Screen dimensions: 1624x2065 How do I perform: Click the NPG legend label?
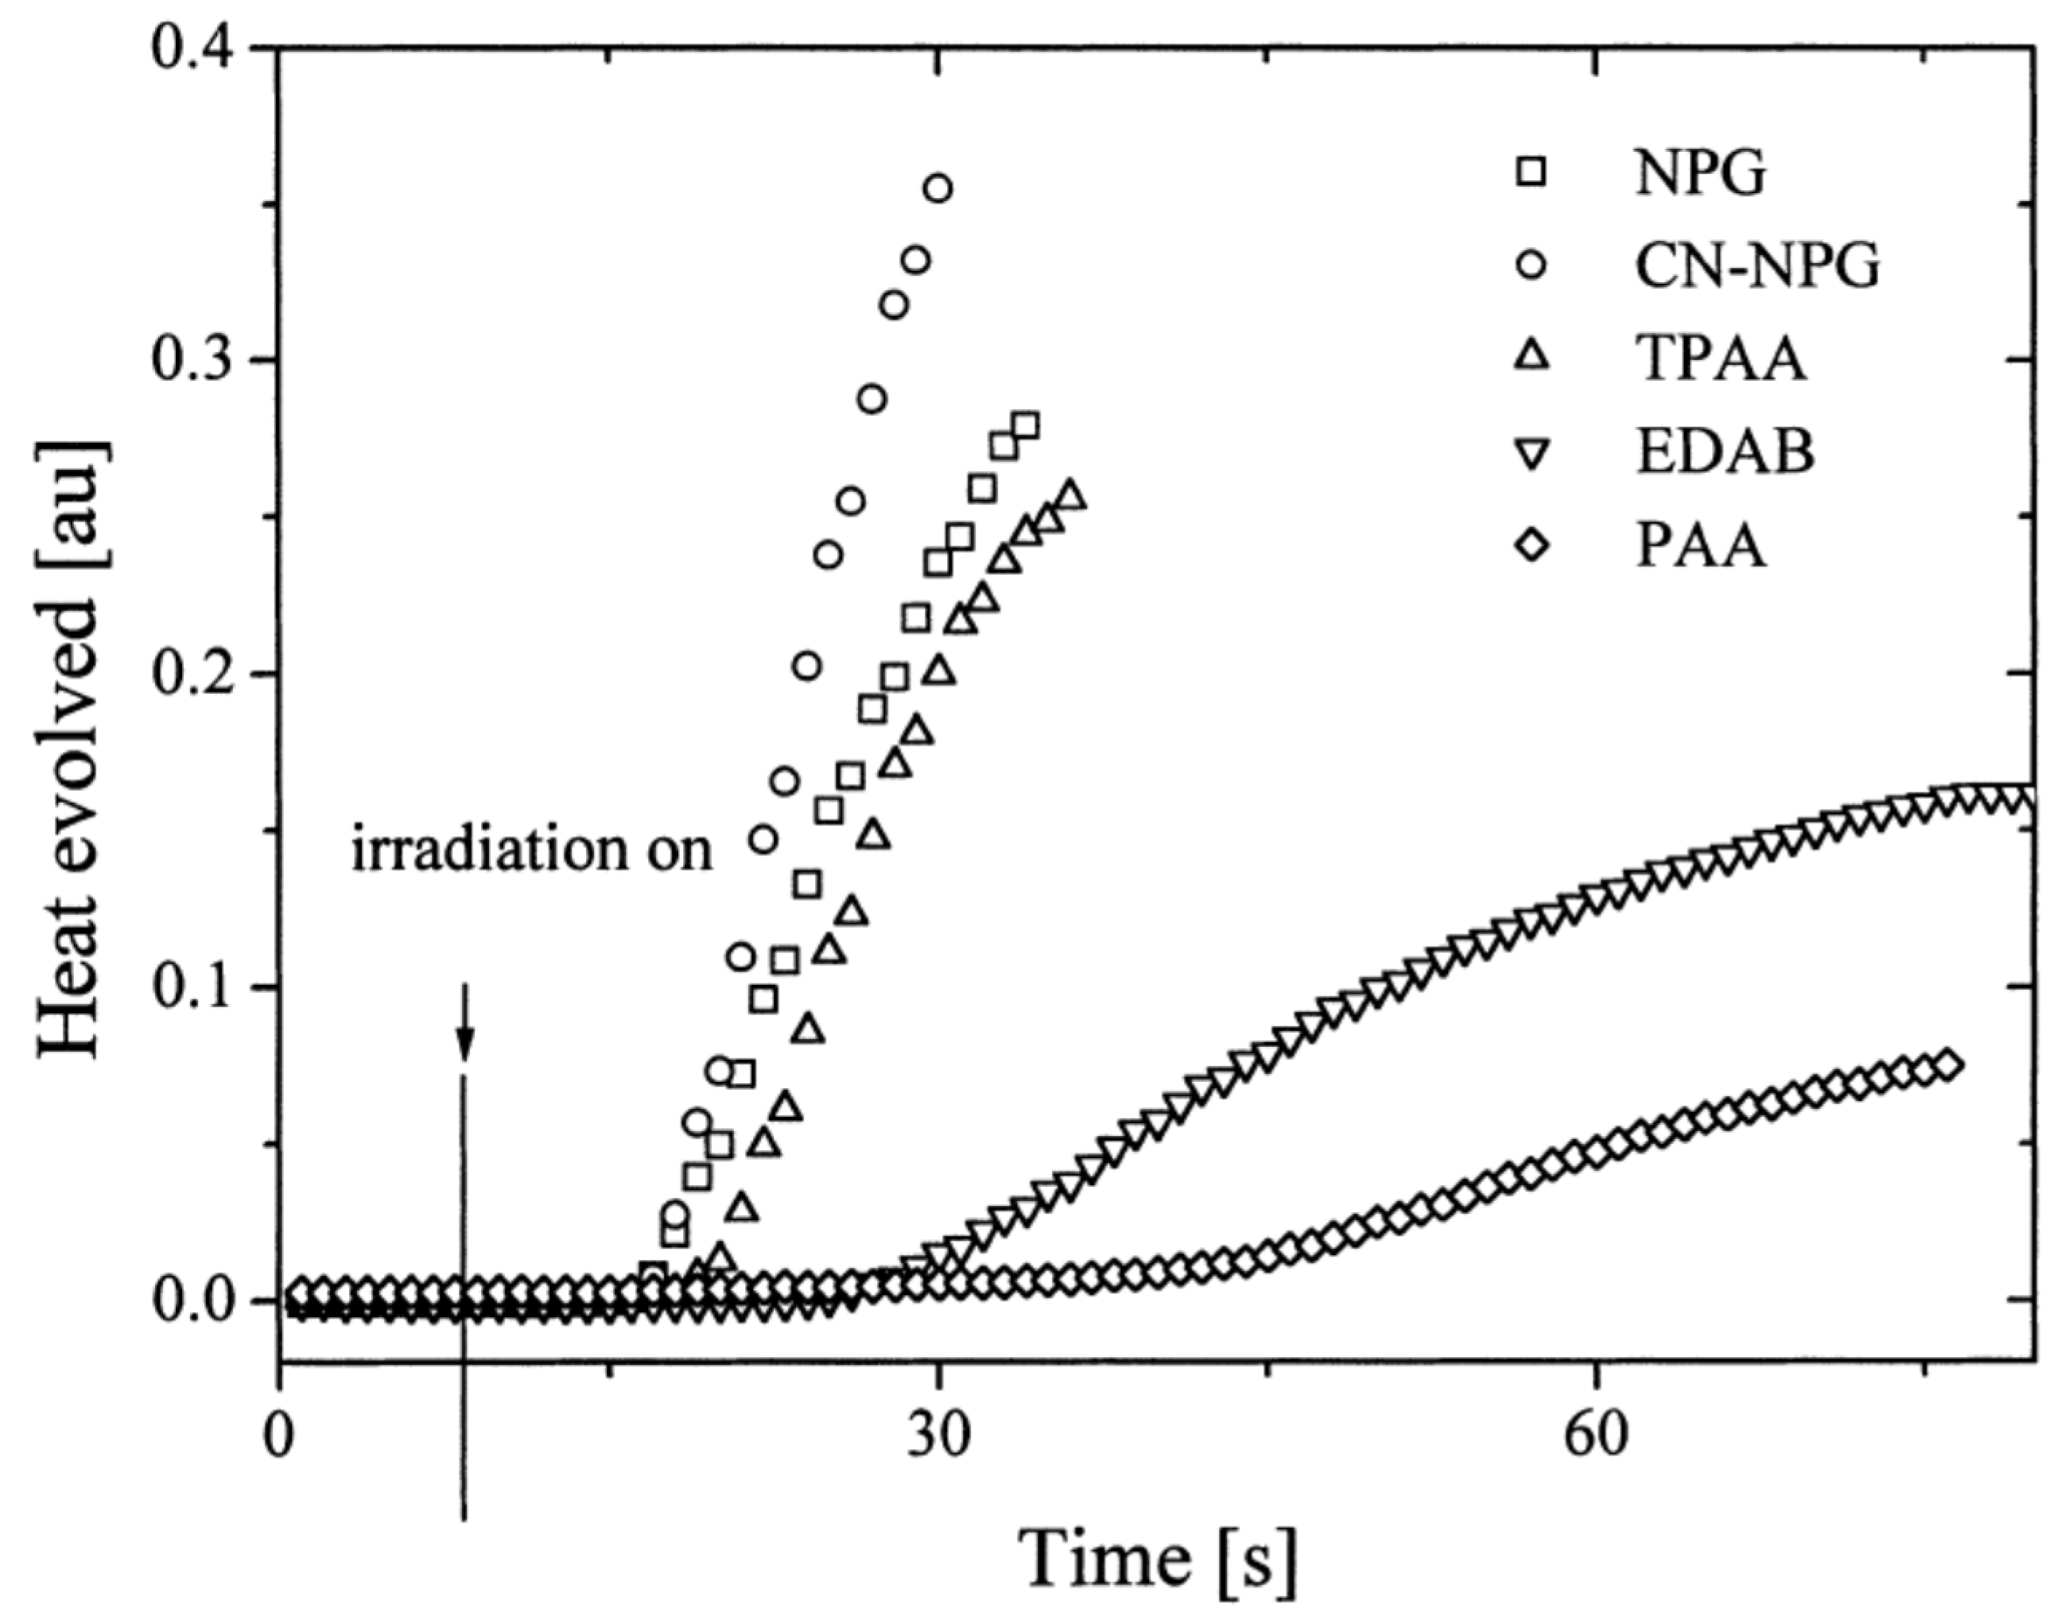[x=1701, y=174]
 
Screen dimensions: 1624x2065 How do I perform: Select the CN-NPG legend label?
[x=1756, y=267]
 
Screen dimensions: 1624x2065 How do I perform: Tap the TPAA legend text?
[x=1720, y=359]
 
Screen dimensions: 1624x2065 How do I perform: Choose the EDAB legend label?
[x=1725, y=452]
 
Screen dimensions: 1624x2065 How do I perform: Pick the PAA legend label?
[x=1700, y=546]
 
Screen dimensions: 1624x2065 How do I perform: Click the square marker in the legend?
[x=1532, y=173]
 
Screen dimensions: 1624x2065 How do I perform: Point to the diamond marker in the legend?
[x=1532, y=546]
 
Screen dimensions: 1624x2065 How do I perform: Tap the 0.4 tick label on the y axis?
[x=199, y=48]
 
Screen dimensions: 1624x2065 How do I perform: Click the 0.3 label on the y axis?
[x=199, y=360]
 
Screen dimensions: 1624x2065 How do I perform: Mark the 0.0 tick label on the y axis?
[x=199, y=1300]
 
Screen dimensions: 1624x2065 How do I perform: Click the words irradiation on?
[x=532, y=849]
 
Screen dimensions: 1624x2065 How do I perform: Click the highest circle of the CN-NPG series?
[x=937, y=188]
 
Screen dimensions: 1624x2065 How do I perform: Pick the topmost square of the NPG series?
[x=1026, y=425]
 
